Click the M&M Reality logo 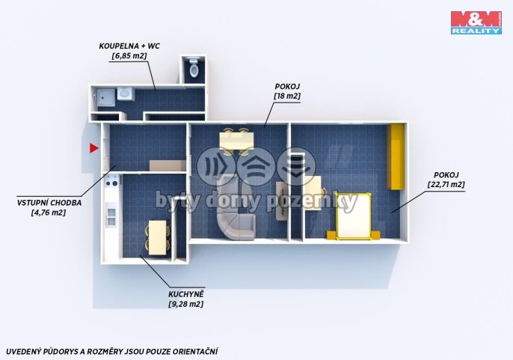[x=476, y=22]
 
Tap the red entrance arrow [x=94, y=148]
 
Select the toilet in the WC [x=194, y=67]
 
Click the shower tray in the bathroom [x=105, y=97]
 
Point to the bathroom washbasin [x=124, y=94]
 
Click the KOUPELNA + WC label [x=129, y=46]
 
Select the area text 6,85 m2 [x=129, y=55]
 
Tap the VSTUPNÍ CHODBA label [x=49, y=203]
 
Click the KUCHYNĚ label [x=185, y=294]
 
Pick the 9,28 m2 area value [x=185, y=304]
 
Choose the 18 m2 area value [x=287, y=97]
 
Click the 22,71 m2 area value [x=446, y=184]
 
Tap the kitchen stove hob [x=111, y=181]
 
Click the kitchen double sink [x=111, y=215]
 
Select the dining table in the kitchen [x=157, y=237]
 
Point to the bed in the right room [x=353, y=216]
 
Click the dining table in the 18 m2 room [x=237, y=141]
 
